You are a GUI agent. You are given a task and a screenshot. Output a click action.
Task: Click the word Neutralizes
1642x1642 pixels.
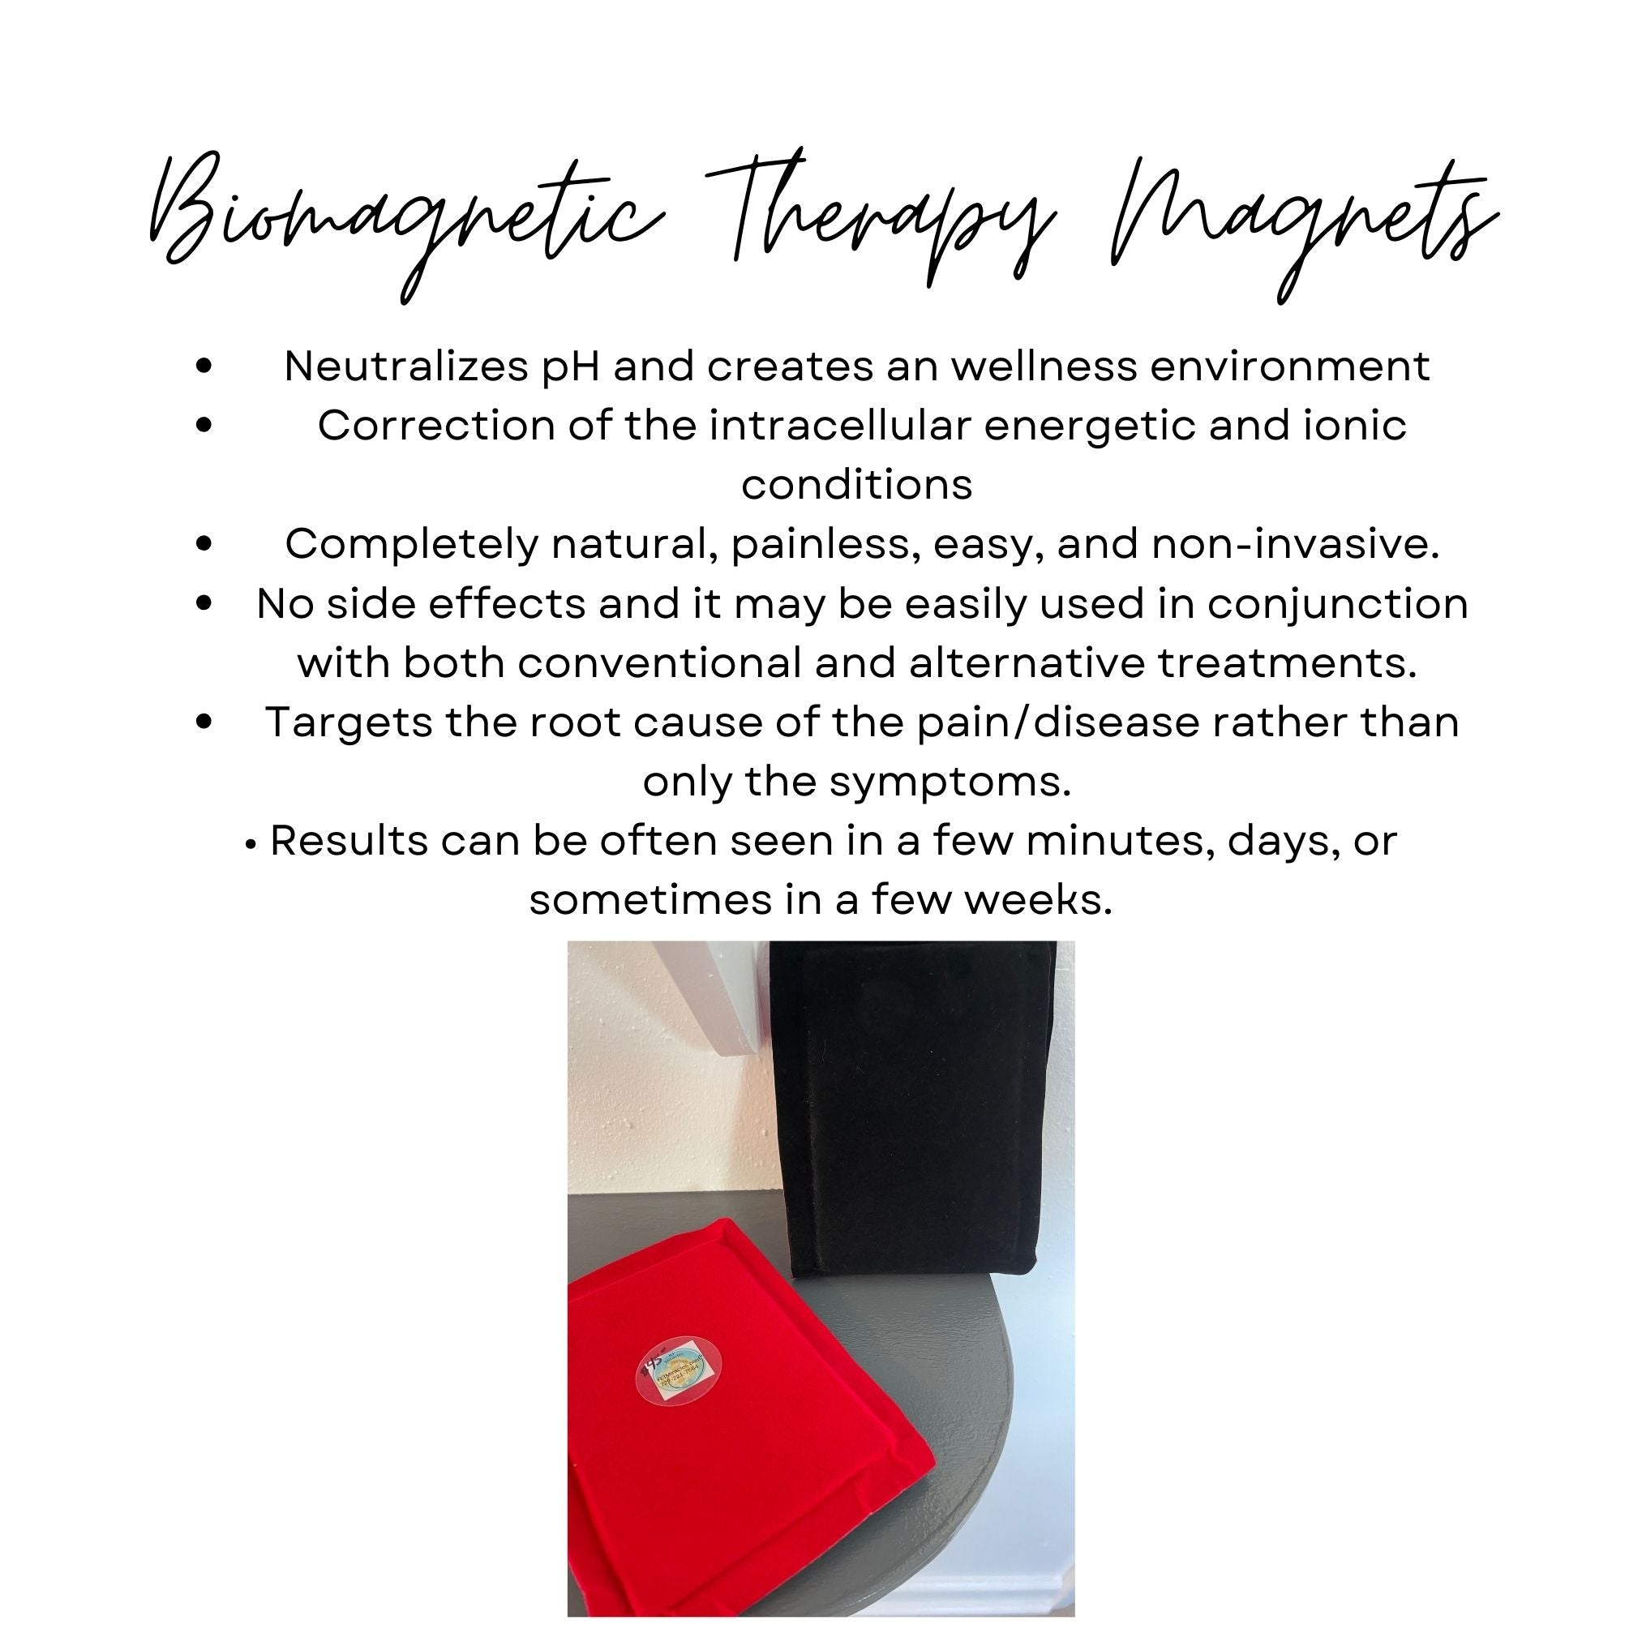tap(405, 367)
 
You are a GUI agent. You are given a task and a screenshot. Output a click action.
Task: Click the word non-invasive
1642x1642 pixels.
tap(1295, 544)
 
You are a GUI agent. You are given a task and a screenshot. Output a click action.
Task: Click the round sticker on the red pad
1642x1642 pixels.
tap(672, 1370)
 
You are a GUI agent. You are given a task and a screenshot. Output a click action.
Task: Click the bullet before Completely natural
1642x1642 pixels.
tap(204, 544)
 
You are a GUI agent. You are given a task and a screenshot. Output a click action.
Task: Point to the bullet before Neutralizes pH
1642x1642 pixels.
tap(204, 367)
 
